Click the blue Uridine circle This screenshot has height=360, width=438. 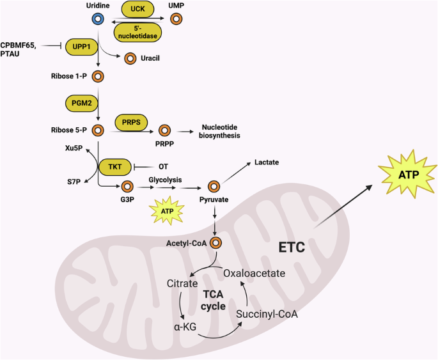98,20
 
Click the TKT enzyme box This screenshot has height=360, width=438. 115,166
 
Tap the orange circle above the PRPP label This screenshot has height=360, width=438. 164,130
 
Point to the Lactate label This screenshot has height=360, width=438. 267,163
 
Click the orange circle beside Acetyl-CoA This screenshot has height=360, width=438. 215,243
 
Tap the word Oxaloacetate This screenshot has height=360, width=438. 253,273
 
